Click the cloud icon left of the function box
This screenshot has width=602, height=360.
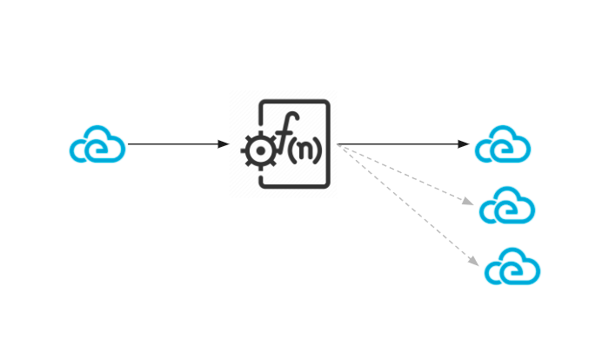click(97, 146)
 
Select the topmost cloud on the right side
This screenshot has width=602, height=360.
click(503, 145)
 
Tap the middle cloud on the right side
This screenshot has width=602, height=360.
click(507, 206)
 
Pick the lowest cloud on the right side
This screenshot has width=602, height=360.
click(512, 267)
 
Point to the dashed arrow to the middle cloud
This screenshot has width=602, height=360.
click(405, 176)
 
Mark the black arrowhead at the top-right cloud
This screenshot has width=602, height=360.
click(464, 144)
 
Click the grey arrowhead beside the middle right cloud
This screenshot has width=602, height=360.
click(468, 202)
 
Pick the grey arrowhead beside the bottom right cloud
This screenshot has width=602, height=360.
click(473, 261)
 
